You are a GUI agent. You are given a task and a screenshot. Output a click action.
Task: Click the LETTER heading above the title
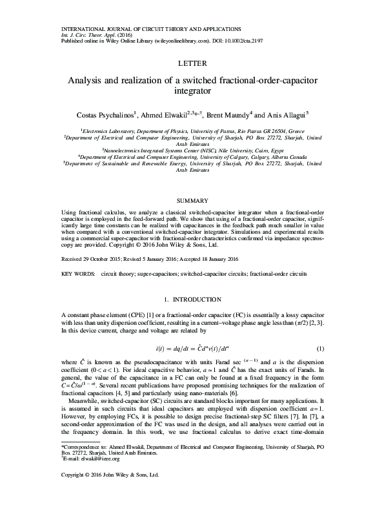tap(192, 64)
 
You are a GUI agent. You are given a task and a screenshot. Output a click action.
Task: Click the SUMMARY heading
tap(192, 201)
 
